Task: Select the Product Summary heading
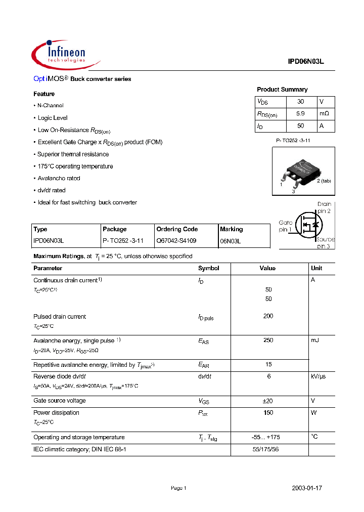[x=282, y=90]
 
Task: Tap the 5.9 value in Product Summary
[x=300, y=114]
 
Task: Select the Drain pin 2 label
[x=324, y=207]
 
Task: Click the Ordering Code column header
[x=177, y=229]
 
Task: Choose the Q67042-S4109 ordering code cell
[x=176, y=241]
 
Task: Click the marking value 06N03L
[x=231, y=242]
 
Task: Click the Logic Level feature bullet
[x=52, y=118]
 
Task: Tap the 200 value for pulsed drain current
[x=268, y=316]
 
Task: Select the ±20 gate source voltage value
[x=268, y=401]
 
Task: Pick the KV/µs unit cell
[x=318, y=376]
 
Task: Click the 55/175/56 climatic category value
[x=268, y=449]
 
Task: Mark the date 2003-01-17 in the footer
[x=307, y=488]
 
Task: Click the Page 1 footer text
[x=178, y=488]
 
